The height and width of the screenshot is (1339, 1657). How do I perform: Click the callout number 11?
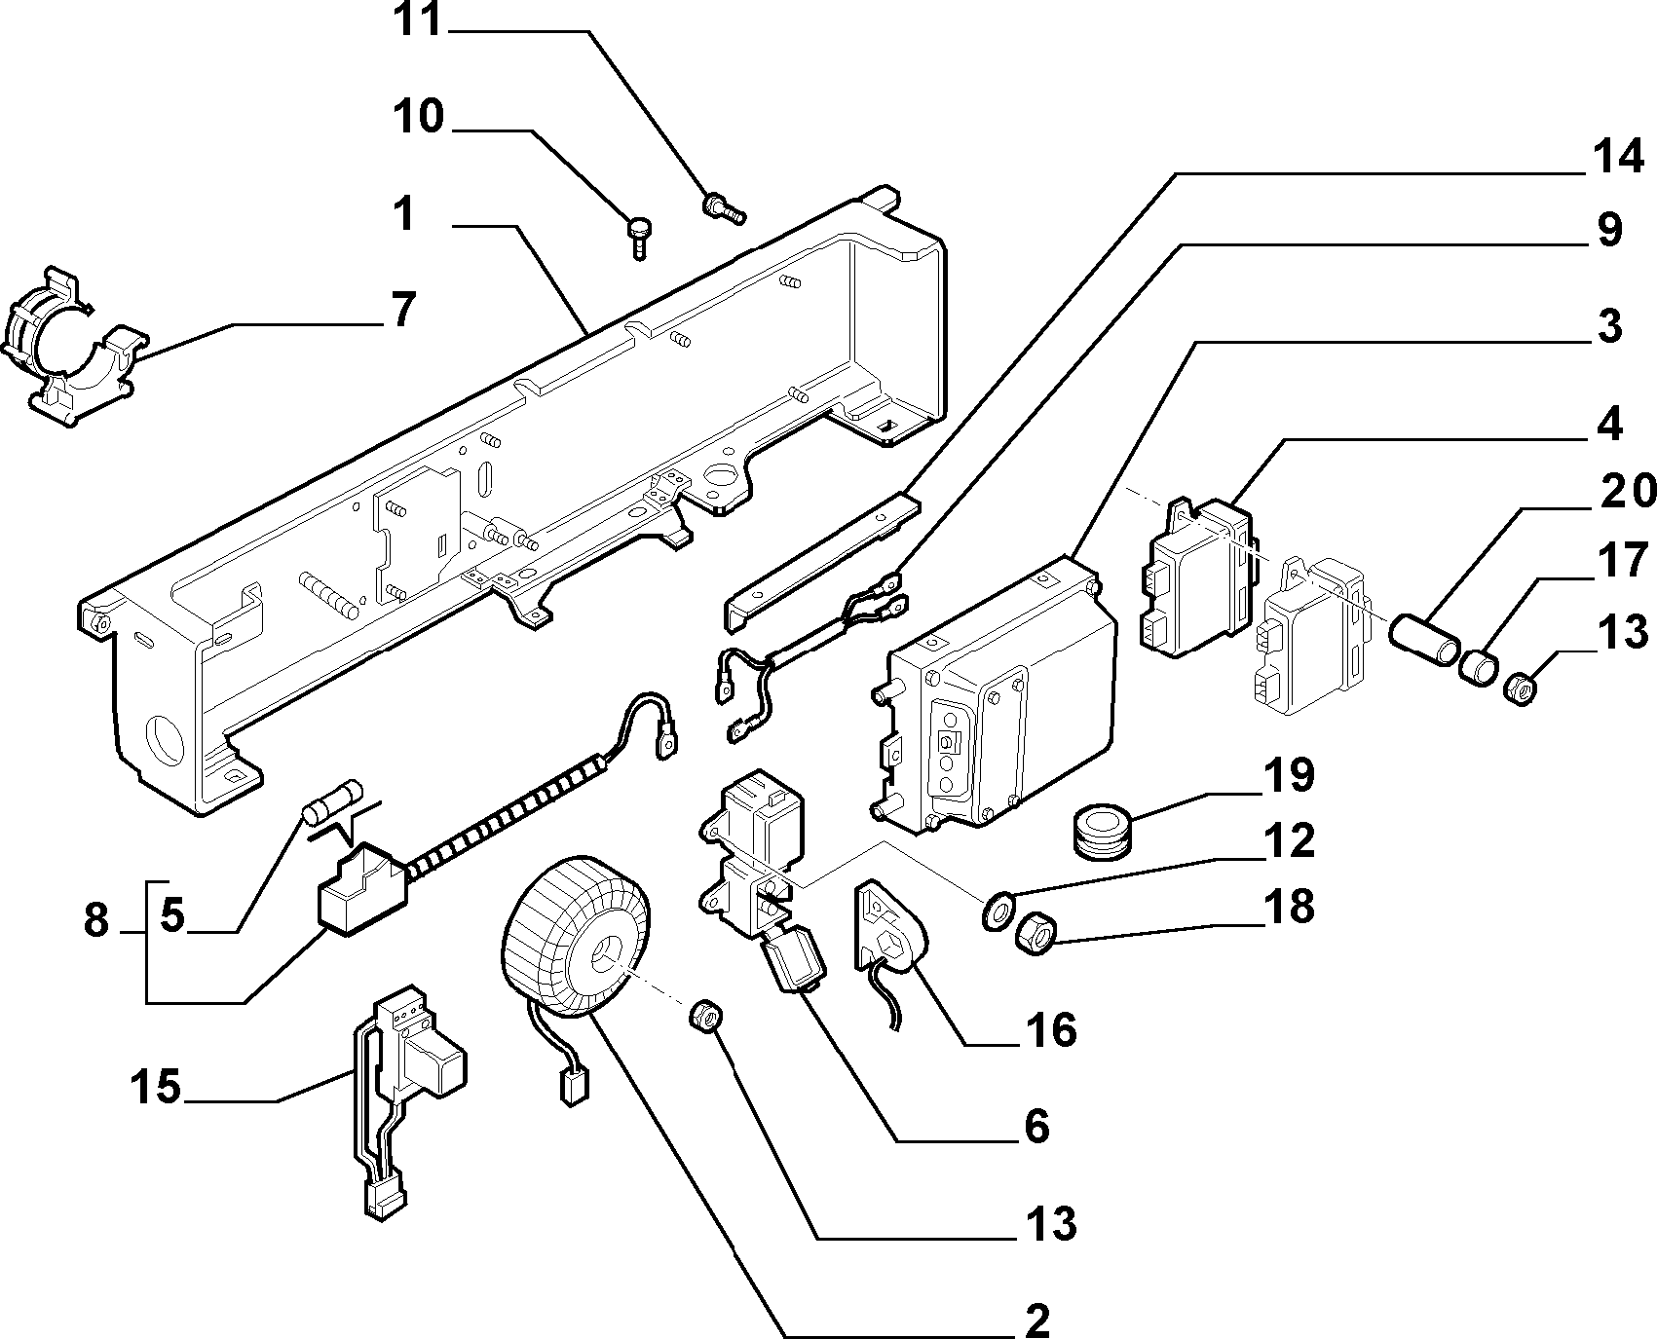418,21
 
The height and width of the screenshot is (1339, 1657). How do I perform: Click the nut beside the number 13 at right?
1522,688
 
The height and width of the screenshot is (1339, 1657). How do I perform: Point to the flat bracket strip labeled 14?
824,561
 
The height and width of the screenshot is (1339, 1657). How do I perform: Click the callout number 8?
95,918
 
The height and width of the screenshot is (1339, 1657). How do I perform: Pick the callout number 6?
1036,1126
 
